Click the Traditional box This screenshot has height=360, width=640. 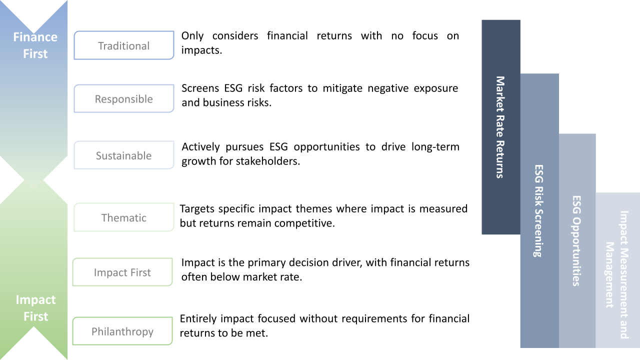pos(123,45)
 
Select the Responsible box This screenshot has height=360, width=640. pos(123,99)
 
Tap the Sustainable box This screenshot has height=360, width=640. pos(123,155)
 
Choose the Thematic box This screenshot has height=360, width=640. pos(123,217)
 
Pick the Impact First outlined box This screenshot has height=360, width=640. pos(122,272)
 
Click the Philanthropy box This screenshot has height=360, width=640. pos(122,331)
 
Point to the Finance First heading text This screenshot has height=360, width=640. pos(35,45)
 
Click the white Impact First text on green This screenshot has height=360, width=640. pos(35,308)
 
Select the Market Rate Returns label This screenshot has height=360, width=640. pos(500,127)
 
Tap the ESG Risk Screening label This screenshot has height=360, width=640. pos(538,210)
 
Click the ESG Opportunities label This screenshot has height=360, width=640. pos(576,240)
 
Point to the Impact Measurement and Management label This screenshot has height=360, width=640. pos(617,274)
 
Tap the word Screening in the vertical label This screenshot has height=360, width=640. pos(538,233)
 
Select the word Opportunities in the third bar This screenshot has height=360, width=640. pos(576,255)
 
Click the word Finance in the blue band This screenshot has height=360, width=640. pos(35,37)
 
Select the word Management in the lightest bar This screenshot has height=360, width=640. pos(609,275)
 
